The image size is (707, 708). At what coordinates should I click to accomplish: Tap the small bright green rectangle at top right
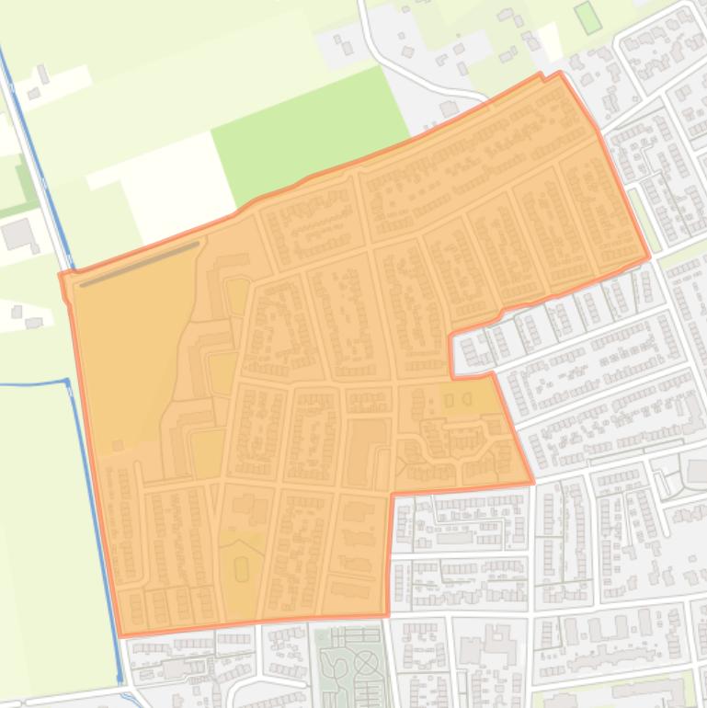pyautogui.click(x=587, y=17)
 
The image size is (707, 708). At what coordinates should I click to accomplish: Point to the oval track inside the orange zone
pyautogui.click(x=241, y=569)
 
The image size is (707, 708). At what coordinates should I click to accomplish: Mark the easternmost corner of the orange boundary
pyautogui.click(x=649, y=257)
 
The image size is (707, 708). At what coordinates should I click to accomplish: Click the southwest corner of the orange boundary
pyautogui.click(x=121, y=634)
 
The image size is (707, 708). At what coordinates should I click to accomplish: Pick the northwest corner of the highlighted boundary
pyautogui.click(x=62, y=274)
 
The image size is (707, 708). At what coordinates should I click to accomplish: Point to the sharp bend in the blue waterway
pyautogui.click(x=67, y=381)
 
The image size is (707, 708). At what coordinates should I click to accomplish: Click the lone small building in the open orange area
pyautogui.click(x=118, y=446)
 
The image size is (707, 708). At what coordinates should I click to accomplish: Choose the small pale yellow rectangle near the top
pyautogui.click(x=551, y=40)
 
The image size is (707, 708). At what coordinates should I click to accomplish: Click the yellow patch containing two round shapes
pyautogui.click(x=460, y=402)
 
